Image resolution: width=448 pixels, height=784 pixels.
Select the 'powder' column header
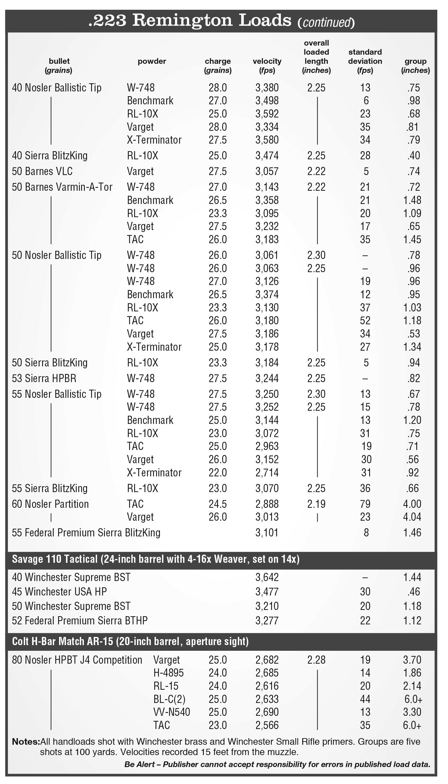tap(152, 61)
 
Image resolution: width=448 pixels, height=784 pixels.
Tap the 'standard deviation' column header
tap(365, 57)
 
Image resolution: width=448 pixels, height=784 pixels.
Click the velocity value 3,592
tap(267, 114)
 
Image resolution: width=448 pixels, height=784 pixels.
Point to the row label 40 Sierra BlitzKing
tap(50, 156)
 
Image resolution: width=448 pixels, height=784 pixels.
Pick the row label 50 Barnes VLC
tap(42, 171)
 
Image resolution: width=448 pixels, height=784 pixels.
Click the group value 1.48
tap(412, 200)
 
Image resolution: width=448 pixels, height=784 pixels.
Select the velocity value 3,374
tap(267, 294)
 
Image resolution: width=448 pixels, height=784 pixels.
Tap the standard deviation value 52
tap(365, 321)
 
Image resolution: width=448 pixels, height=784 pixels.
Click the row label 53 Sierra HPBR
tap(44, 378)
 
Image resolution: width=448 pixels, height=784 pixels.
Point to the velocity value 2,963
tap(267, 446)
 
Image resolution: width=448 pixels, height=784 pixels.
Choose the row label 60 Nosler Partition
tap(50, 504)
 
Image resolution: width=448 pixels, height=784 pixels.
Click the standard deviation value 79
tap(365, 504)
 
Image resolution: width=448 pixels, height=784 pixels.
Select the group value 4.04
tap(412, 517)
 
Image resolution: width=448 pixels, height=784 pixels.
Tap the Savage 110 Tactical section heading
tap(156, 559)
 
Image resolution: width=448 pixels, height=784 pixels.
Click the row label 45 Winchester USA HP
tap(59, 592)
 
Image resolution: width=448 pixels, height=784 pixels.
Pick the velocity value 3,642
tap(267, 577)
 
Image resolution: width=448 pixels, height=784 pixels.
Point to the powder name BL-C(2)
tap(169, 699)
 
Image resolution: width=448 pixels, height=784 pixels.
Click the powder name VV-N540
tap(172, 712)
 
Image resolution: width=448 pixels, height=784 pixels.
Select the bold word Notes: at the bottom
tap(26, 742)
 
